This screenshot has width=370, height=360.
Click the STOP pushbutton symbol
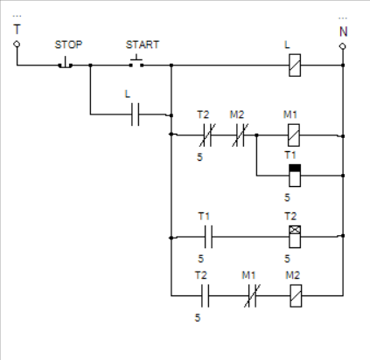pyautogui.click(x=66, y=63)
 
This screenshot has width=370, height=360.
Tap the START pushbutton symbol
pyautogui.click(x=136, y=62)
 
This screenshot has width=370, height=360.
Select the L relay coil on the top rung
pyautogui.click(x=295, y=66)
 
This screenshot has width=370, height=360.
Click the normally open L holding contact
pyautogui.click(x=136, y=114)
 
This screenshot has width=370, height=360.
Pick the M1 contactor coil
pyautogui.click(x=294, y=135)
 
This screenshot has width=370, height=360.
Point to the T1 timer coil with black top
pyautogui.click(x=295, y=176)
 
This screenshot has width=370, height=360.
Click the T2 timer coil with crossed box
pyautogui.click(x=295, y=237)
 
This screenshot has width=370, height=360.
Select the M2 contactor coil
pyautogui.click(x=296, y=295)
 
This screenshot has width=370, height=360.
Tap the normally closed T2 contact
pyautogui.click(x=207, y=135)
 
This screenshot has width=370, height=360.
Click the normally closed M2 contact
pyautogui.click(x=241, y=135)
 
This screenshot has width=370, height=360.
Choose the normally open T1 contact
pyautogui.click(x=208, y=237)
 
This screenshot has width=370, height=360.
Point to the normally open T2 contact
pyautogui.click(x=206, y=295)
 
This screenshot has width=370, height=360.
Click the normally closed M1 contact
pyautogui.click(x=252, y=295)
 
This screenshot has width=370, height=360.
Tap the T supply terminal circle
pyautogui.click(x=17, y=44)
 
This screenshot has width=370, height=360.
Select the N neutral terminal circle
pyautogui.click(x=343, y=46)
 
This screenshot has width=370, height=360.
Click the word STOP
pyautogui.click(x=68, y=45)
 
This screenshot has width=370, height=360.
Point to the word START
pyautogui.click(x=143, y=45)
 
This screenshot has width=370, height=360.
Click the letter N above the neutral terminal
pyautogui.click(x=344, y=31)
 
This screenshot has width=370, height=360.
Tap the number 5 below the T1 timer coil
pyautogui.click(x=287, y=197)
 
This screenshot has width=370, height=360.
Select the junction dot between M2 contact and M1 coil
pyautogui.click(x=256, y=135)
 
